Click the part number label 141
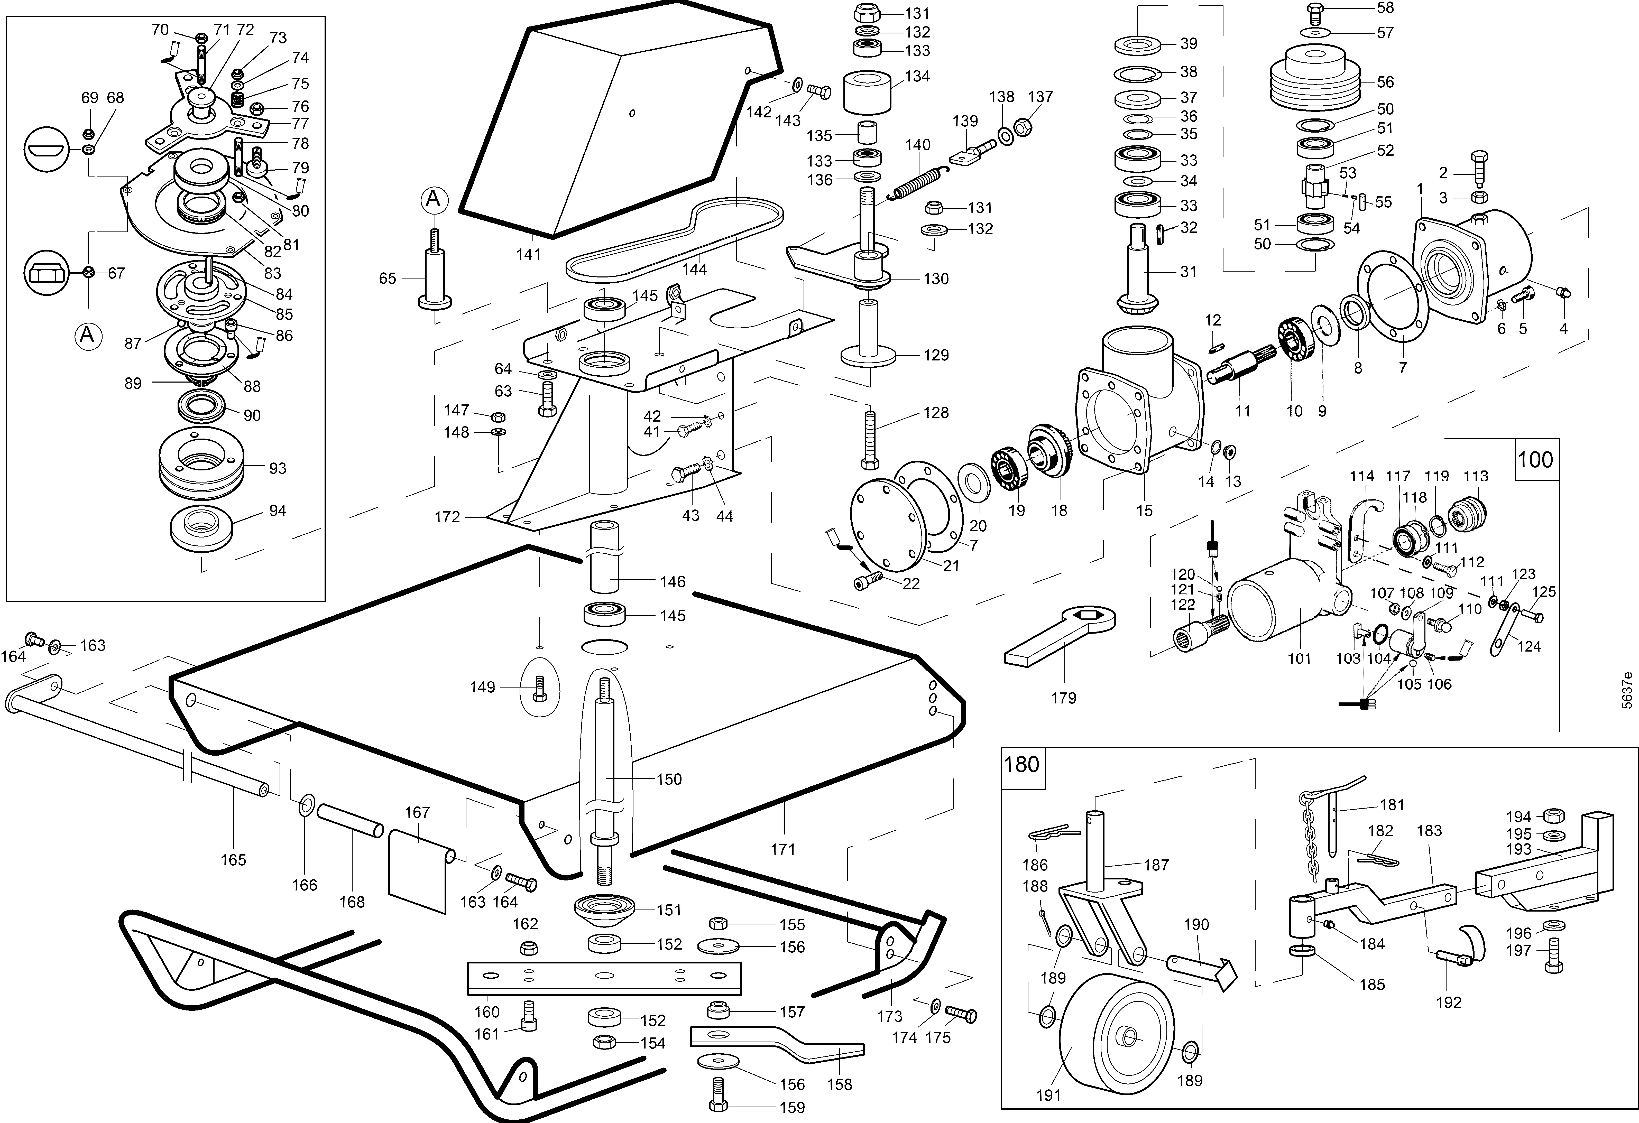(528, 255)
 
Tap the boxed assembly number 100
(1535, 460)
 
